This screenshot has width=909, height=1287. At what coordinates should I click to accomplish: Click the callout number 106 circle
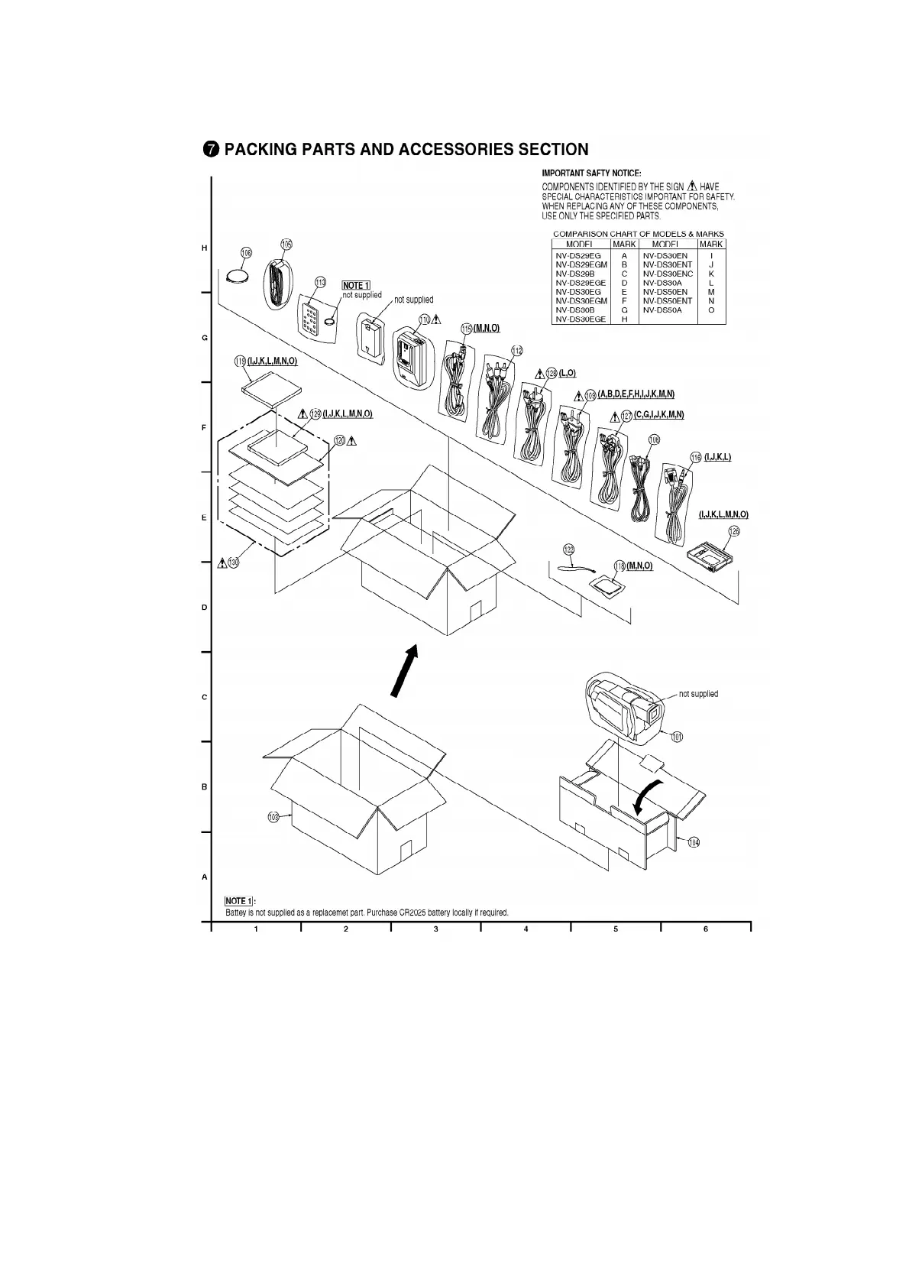[246, 253]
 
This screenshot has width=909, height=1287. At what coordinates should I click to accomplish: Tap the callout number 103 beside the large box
[273, 817]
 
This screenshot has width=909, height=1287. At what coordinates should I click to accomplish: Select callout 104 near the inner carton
[693, 842]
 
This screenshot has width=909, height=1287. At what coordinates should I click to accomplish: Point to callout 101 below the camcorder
[677, 737]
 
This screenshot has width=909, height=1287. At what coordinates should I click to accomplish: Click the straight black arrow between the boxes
[404, 670]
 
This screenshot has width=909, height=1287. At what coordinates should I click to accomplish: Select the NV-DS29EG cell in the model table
[578, 255]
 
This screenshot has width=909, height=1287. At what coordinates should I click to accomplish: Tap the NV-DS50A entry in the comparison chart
[662, 310]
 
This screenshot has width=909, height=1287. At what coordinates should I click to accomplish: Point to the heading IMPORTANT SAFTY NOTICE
[591, 174]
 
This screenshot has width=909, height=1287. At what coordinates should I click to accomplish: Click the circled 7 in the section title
[211, 150]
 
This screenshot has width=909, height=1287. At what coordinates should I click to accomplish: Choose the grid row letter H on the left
[204, 248]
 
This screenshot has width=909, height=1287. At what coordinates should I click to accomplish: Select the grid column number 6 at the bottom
[705, 929]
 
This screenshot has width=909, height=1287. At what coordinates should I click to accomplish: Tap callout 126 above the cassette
[734, 530]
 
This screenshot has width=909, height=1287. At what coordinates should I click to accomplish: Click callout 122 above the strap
[568, 549]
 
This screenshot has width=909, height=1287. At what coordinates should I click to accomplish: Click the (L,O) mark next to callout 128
[567, 373]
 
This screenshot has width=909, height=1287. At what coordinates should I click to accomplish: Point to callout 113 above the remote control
[321, 282]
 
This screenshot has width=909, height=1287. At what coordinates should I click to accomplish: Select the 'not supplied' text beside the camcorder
[698, 694]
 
